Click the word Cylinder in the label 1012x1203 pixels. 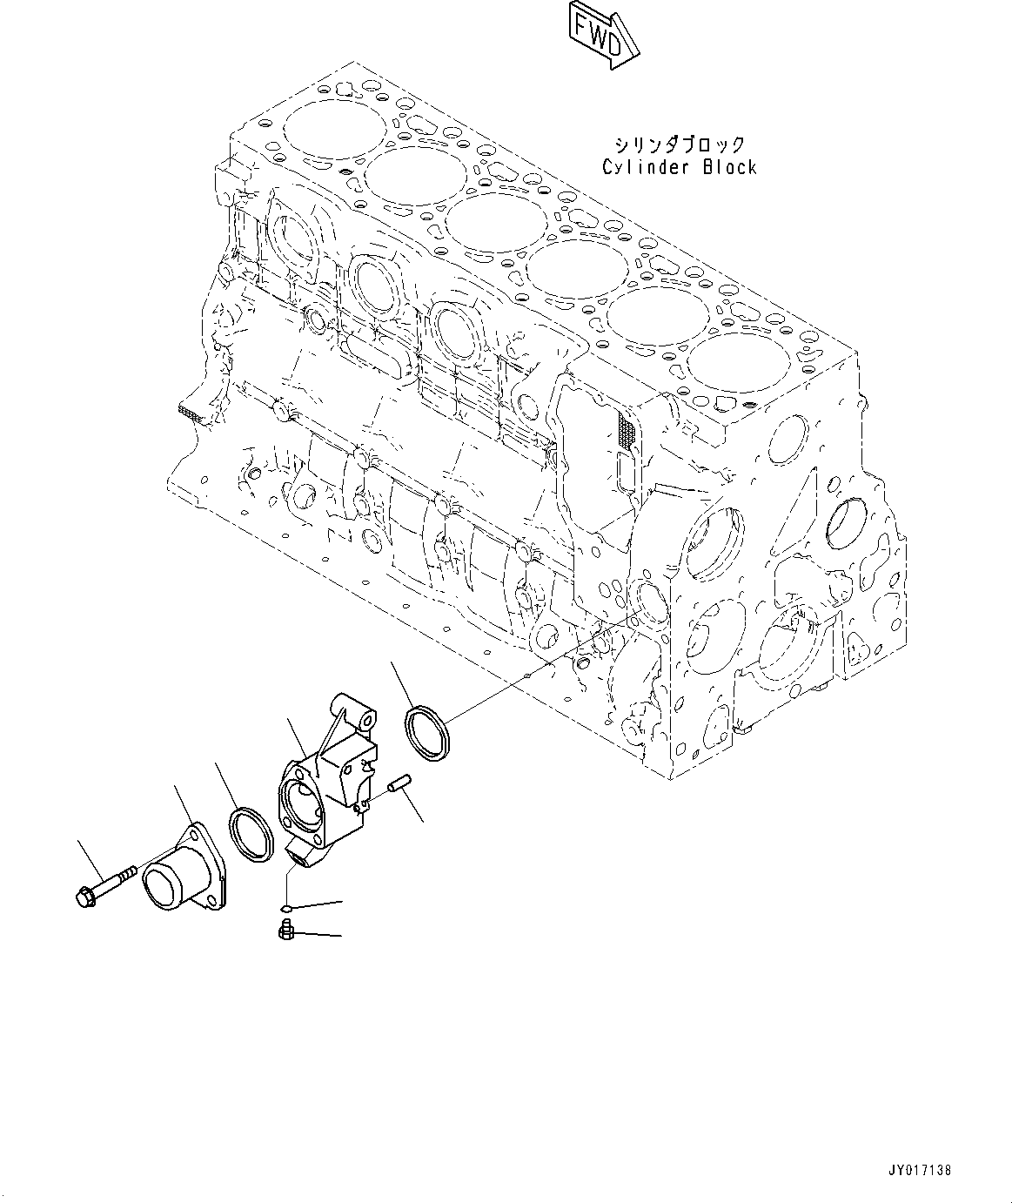pos(640,168)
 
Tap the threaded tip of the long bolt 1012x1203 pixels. pos(129,870)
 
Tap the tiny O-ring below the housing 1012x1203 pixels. pos(289,909)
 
